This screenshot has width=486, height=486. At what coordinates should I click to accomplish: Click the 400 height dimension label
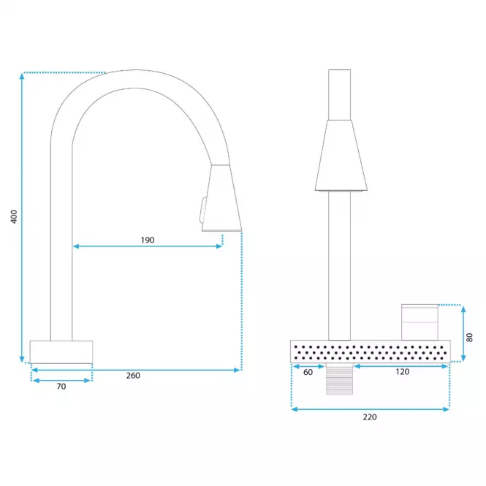[x=14, y=216]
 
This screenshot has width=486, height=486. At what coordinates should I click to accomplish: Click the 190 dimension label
[x=148, y=240]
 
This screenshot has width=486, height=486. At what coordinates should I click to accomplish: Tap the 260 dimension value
[x=133, y=376]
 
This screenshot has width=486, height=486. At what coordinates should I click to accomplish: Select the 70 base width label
[x=61, y=387]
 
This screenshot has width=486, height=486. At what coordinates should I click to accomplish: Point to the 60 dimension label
[x=308, y=372]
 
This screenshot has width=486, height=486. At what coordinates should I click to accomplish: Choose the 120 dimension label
[x=402, y=372]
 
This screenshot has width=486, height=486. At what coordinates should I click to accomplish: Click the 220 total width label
[x=370, y=417]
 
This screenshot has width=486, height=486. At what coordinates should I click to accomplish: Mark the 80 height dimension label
[x=470, y=338]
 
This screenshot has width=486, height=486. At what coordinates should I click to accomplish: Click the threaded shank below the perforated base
[x=339, y=379]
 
